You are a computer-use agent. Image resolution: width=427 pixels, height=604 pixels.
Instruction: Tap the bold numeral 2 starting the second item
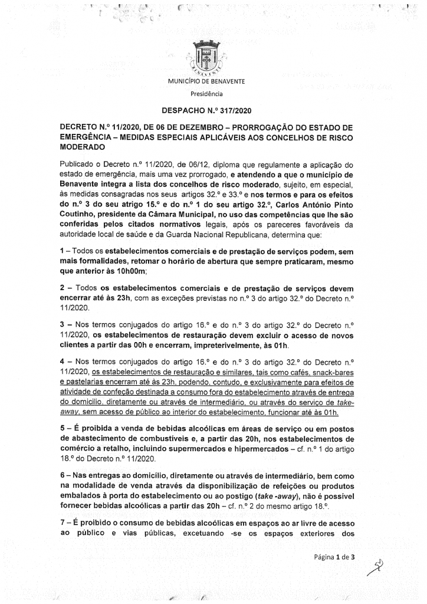tap(63, 290)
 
